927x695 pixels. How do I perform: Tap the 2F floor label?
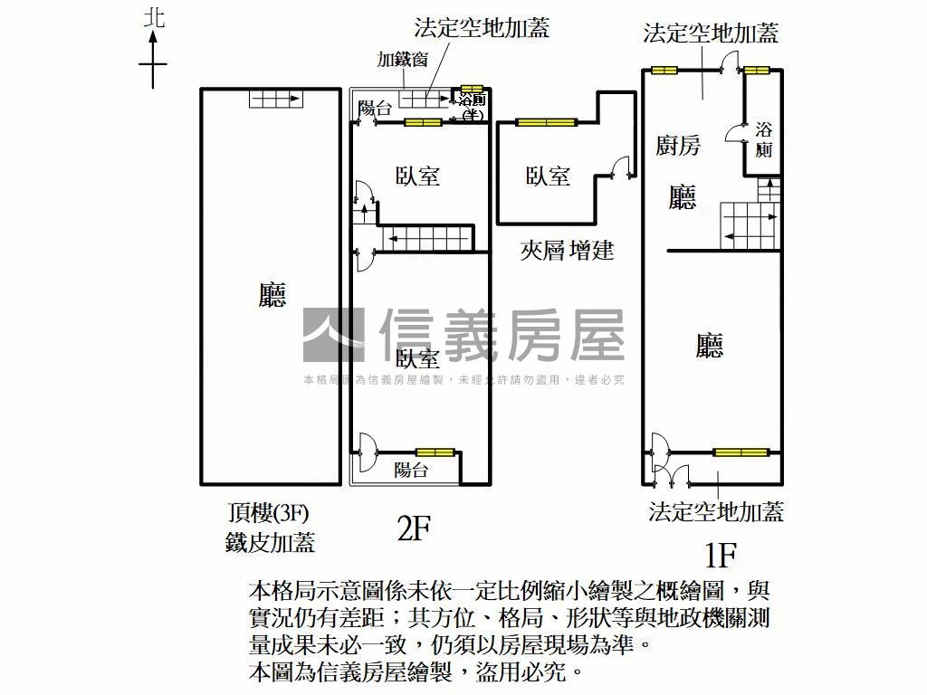pyautogui.click(x=413, y=528)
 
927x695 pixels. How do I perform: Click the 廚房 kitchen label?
pyautogui.click(x=678, y=145)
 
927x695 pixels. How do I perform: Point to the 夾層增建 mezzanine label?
pyautogui.click(x=568, y=250)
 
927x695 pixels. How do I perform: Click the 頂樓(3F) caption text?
pyautogui.click(x=269, y=514)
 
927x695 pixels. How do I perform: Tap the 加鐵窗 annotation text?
pyautogui.click(x=403, y=61)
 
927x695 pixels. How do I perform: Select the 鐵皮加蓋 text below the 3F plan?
pyautogui.click(x=270, y=543)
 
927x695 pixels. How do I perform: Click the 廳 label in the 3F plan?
pyautogui.click(x=272, y=295)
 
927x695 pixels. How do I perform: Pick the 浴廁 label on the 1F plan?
pyautogui.click(x=763, y=139)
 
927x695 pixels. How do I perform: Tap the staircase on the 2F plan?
pyautogui.click(x=426, y=239)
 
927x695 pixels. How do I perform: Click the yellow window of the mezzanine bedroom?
pyautogui.click(x=546, y=121)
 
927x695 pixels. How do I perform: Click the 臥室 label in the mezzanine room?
pyautogui.click(x=548, y=176)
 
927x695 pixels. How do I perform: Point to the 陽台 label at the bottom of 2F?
pyautogui.click(x=411, y=470)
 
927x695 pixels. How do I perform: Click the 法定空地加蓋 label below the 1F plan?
pyautogui.click(x=715, y=512)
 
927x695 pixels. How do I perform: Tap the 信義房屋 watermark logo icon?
pyautogui.click(x=332, y=335)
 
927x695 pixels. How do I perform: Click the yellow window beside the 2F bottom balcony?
pyautogui.click(x=435, y=452)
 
